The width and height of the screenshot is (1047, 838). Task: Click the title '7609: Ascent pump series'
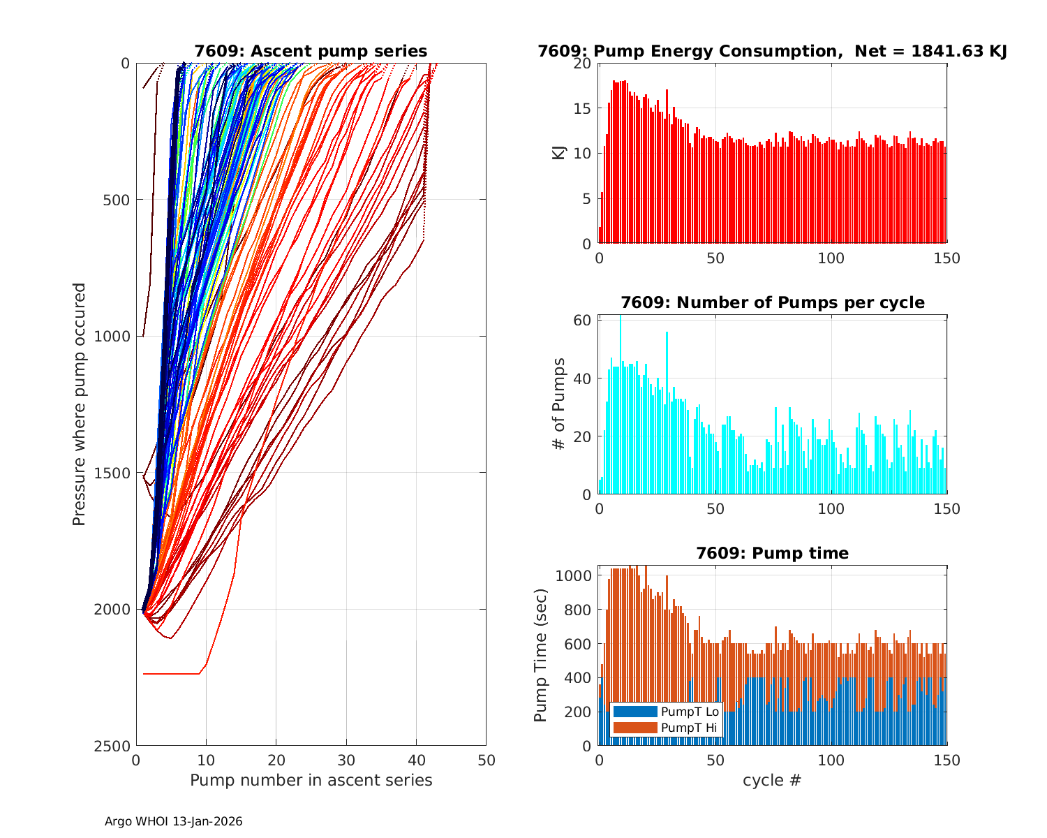[311, 51]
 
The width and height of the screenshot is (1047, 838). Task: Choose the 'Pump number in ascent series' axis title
[311, 780]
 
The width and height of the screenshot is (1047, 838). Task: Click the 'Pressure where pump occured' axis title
[79, 404]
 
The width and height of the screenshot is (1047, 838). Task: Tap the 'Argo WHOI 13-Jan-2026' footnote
[173, 821]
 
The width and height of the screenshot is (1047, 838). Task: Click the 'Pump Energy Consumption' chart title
[772, 51]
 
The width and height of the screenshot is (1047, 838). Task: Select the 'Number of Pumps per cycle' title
[772, 302]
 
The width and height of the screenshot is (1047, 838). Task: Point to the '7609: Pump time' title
[772, 553]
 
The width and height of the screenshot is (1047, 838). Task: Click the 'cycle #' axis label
[772, 780]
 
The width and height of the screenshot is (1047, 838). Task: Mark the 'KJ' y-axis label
[558, 153]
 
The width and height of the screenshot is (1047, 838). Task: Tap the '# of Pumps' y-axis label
[558, 404]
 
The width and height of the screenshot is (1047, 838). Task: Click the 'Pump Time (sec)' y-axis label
[540, 655]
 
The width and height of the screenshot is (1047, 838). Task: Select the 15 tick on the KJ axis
[584, 108]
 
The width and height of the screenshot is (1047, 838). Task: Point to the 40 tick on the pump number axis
[416, 760]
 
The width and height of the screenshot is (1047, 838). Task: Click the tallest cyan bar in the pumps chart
[620, 405]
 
